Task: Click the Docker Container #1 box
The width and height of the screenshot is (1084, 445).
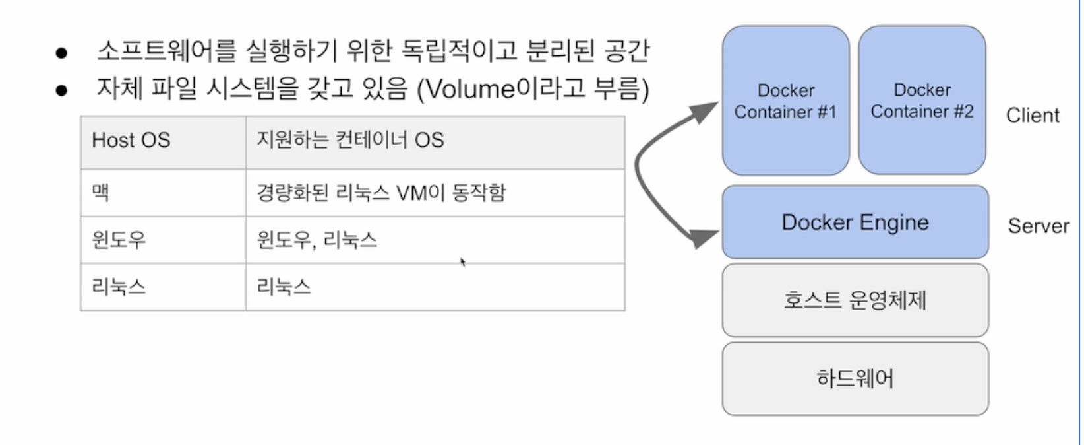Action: click(785, 100)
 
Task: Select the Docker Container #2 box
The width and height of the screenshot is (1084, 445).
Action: click(922, 100)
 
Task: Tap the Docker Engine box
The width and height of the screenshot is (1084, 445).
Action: click(855, 222)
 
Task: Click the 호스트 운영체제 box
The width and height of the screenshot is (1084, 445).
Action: click(855, 300)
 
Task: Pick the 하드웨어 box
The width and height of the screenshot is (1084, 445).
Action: click(855, 378)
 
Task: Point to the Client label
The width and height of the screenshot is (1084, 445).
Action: click(1033, 116)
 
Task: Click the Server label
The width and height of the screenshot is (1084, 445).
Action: click(1039, 226)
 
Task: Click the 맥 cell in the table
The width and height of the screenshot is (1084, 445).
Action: click(163, 193)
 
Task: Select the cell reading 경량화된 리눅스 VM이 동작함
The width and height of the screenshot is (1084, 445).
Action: click(435, 193)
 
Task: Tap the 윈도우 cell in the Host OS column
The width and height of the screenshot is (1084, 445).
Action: click(163, 240)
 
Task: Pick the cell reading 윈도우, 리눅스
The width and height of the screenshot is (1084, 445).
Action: click(435, 240)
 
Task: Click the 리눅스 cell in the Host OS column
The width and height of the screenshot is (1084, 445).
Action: click(163, 287)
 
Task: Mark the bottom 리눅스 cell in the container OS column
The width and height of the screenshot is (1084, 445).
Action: click(435, 287)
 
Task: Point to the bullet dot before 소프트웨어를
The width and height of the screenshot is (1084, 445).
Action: click(62, 53)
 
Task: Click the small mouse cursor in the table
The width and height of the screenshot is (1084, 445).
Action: click(463, 262)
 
